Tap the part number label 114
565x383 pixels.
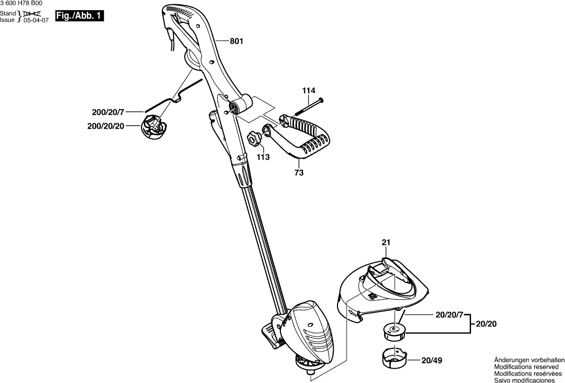coord(309,91)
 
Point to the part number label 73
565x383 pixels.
coord(299,173)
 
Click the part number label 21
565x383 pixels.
coord(386,243)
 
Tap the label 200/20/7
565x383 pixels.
coord(108,112)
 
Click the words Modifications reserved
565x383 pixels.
coord(527,367)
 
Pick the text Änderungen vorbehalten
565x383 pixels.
coord(529,360)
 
